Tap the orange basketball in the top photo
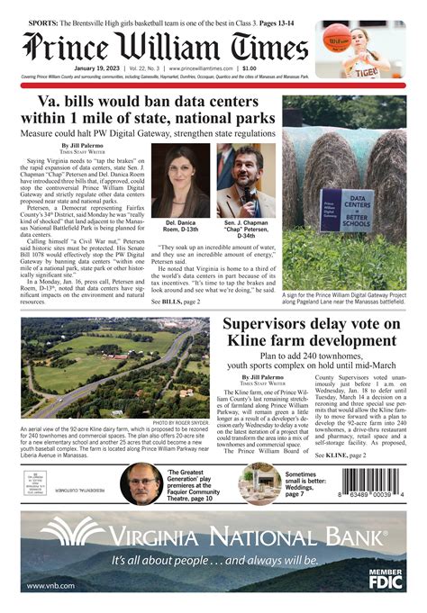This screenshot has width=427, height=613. [x=337, y=38]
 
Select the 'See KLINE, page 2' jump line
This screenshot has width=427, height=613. [x=340, y=456]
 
